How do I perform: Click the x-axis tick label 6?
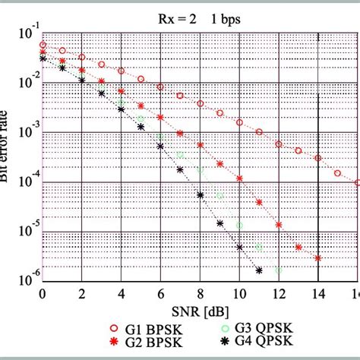[x=160, y=295]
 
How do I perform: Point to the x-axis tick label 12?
[x=278, y=295]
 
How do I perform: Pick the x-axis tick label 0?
[x=43, y=295]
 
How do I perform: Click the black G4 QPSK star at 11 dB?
[x=259, y=270]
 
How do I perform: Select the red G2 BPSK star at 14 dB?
[x=317, y=258]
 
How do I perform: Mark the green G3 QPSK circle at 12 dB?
[x=278, y=270]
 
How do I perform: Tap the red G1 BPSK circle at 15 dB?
[x=338, y=174]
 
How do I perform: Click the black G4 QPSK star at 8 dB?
[x=200, y=195]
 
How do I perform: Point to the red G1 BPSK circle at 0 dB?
[x=43, y=45]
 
